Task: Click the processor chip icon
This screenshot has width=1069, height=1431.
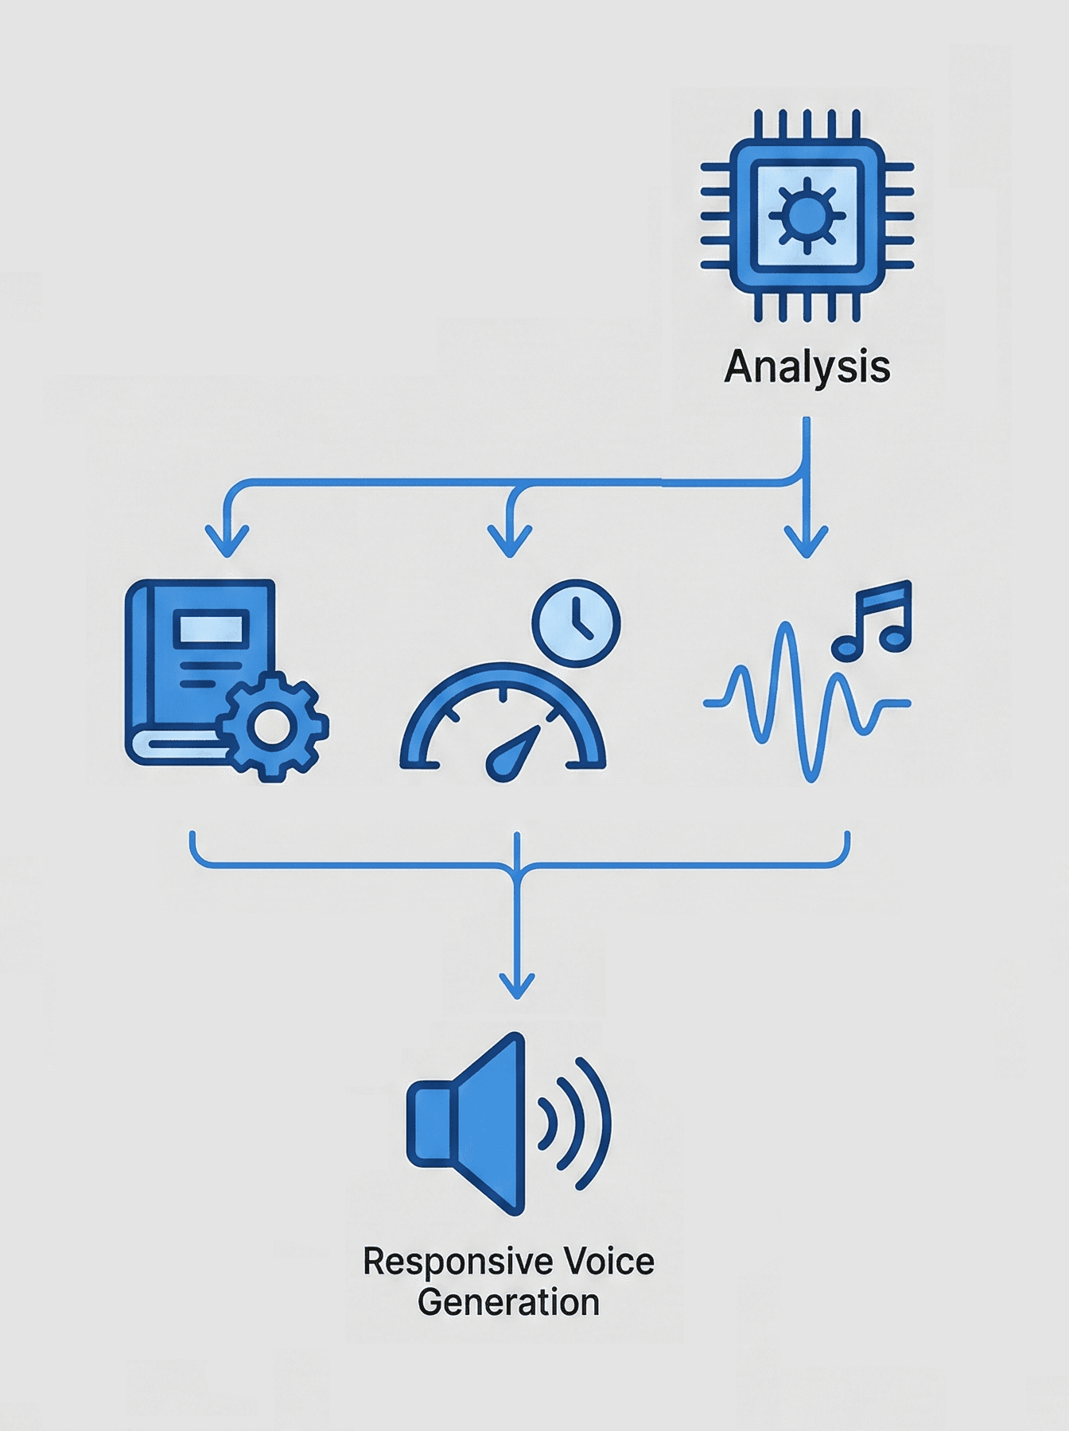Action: [807, 215]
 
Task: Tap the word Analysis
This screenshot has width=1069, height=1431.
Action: [807, 367]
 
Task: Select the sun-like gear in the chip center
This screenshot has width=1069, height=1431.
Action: [807, 215]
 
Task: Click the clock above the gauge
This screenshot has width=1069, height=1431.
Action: [576, 622]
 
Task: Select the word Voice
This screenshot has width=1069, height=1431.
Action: [608, 1262]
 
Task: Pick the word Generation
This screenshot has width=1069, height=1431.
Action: [508, 1302]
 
